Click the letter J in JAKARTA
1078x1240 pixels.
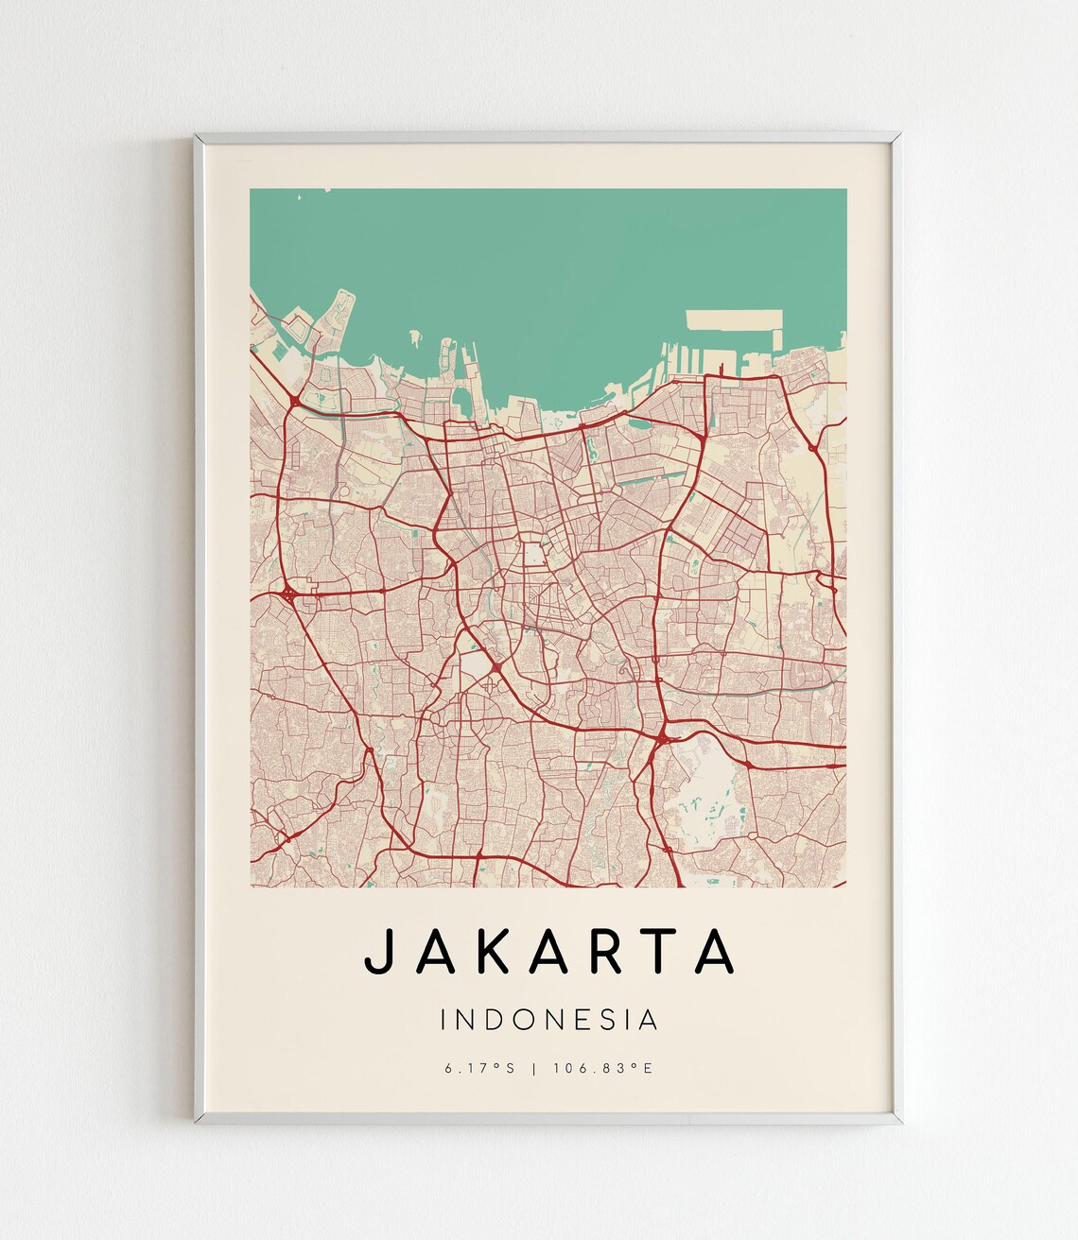click(x=377, y=951)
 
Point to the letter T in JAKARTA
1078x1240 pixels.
click(x=664, y=951)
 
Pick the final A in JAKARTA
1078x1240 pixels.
click(x=715, y=951)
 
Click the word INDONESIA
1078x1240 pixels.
click(x=548, y=1020)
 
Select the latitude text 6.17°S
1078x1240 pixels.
click(x=479, y=1069)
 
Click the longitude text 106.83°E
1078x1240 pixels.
click(x=603, y=1069)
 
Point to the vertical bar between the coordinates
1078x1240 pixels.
click(x=535, y=1069)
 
